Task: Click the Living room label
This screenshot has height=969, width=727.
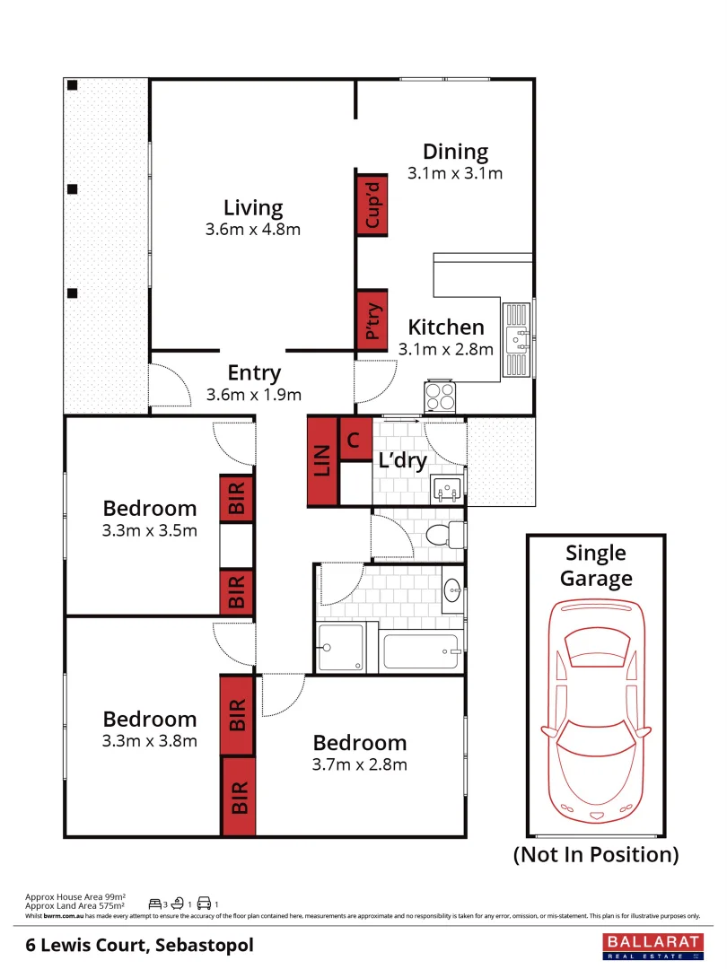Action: click(x=253, y=208)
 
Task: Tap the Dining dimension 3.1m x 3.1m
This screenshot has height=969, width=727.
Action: click(x=455, y=174)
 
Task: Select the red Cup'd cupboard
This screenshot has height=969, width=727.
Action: click(x=372, y=203)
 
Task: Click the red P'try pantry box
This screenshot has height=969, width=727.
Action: click(x=372, y=319)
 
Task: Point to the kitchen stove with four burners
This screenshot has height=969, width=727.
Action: click(x=440, y=395)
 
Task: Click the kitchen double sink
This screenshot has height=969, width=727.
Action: click(x=517, y=340)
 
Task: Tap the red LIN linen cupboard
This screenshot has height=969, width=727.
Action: click(x=322, y=460)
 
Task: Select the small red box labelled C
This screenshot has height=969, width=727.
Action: click(x=354, y=440)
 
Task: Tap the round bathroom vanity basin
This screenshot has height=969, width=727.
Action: click(x=452, y=589)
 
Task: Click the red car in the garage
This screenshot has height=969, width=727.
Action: click(x=596, y=704)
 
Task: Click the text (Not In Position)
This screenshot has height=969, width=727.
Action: click(x=596, y=854)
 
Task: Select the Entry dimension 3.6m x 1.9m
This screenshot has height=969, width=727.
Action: click(x=253, y=395)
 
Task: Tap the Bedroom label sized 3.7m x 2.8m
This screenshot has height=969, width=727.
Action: click(x=359, y=743)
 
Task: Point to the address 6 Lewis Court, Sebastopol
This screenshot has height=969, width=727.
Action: click(x=139, y=945)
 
